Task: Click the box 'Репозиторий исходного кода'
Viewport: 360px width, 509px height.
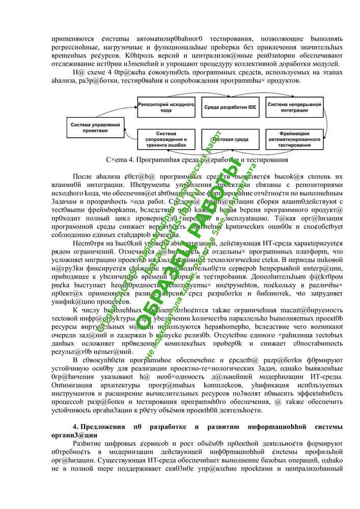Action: (167, 107)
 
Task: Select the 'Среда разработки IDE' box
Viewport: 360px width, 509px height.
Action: (231, 107)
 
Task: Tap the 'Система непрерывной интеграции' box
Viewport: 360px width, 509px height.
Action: (294, 107)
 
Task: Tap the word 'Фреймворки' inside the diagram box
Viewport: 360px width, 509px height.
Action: (294, 133)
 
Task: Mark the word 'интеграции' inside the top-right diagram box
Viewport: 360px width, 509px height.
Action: (294, 110)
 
